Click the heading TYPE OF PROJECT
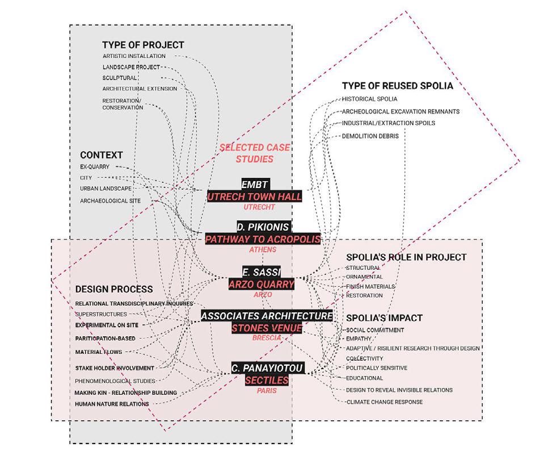click(x=143, y=45)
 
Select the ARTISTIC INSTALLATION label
click(x=134, y=56)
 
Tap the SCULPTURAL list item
click(x=120, y=78)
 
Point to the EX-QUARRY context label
click(x=95, y=167)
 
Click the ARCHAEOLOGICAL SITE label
click(x=110, y=201)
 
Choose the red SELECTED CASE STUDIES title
click(x=254, y=153)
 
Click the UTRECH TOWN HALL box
click(x=254, y=197)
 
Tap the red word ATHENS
click(x=263, y=249)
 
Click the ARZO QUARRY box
click(x=262, y=284)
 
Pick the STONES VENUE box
click(x=266, y=328)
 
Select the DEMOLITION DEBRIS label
click(x=370, y=136)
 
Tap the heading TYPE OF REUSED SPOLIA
click(x=397, y=86)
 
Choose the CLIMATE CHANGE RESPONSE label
click(x=384, y=402)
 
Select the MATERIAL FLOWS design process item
click(x=99, y=352)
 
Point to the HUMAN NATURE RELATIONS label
click(x=112, y=404)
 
